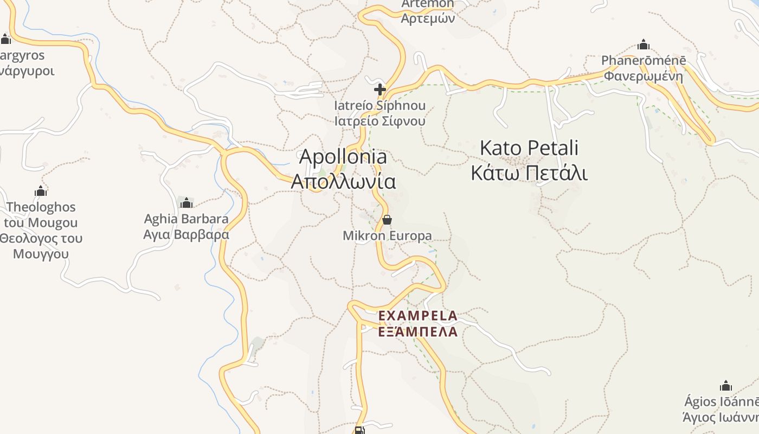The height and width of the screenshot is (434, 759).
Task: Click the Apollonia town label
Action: [x=343, y=157]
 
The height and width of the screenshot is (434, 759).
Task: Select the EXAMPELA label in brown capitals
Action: [x=418, y=316]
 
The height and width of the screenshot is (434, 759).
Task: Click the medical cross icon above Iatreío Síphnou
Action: [x=380, y=90]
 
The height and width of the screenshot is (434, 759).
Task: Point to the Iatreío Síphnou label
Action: [x=379, y=106]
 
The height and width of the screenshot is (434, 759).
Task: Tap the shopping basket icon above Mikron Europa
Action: [x=387, y=220]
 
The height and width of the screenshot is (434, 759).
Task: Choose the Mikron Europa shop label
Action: [x=387, y=235]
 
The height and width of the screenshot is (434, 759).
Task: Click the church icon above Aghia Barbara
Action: [x=186, y=203]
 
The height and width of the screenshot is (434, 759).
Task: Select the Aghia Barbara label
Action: [x=186, y=219]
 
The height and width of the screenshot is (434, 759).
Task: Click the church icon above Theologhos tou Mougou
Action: [x=41, y=191]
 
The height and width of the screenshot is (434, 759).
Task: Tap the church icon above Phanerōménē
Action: [x=644, y=44]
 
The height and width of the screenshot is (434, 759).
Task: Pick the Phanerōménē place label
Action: [x=644, y=60]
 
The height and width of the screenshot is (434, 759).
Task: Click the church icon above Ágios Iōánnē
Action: [x=726, y=386]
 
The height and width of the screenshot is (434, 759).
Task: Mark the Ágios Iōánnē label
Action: [x=721, y=402]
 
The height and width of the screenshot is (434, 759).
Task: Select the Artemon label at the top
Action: [x=427, y=4]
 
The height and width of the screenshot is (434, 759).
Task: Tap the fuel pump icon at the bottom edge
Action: [x=359, y=430]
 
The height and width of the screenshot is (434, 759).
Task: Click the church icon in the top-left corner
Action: [x=6, y=39]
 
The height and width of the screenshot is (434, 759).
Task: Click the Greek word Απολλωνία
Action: [x=343, y=181]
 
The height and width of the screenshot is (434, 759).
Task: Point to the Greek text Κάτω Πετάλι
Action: [x=529, y=173]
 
